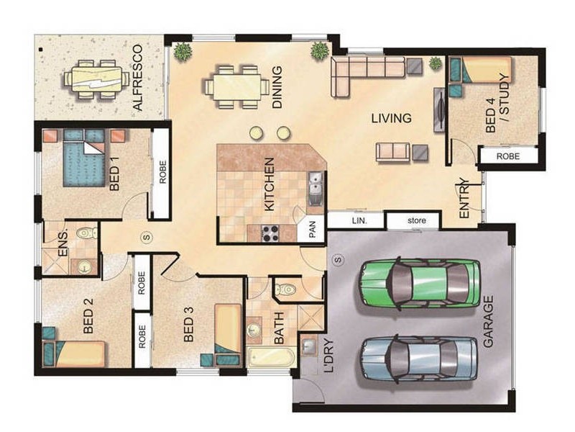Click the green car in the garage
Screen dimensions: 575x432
(419, 284)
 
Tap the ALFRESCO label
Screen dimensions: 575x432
(137, 78)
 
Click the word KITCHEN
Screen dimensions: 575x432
(269, 184)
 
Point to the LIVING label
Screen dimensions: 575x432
(391, 118)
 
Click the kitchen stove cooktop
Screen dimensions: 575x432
(270, 233)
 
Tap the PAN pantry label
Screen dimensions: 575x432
(313, 229)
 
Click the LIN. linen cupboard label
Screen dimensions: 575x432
(359, 221)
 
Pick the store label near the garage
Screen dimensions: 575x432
(417, 220)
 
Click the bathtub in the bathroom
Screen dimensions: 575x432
(271, 356)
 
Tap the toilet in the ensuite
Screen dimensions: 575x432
(87, 233)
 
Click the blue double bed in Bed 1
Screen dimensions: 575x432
(84, 158)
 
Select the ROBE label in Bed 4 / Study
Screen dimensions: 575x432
(508, 156)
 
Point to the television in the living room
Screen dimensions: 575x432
(440, 109)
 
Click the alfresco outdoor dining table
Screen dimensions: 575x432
(97, 80)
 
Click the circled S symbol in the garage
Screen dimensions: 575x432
(338, 260)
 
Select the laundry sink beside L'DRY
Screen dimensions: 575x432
(310, 346)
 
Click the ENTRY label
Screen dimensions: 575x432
(464, 199)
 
